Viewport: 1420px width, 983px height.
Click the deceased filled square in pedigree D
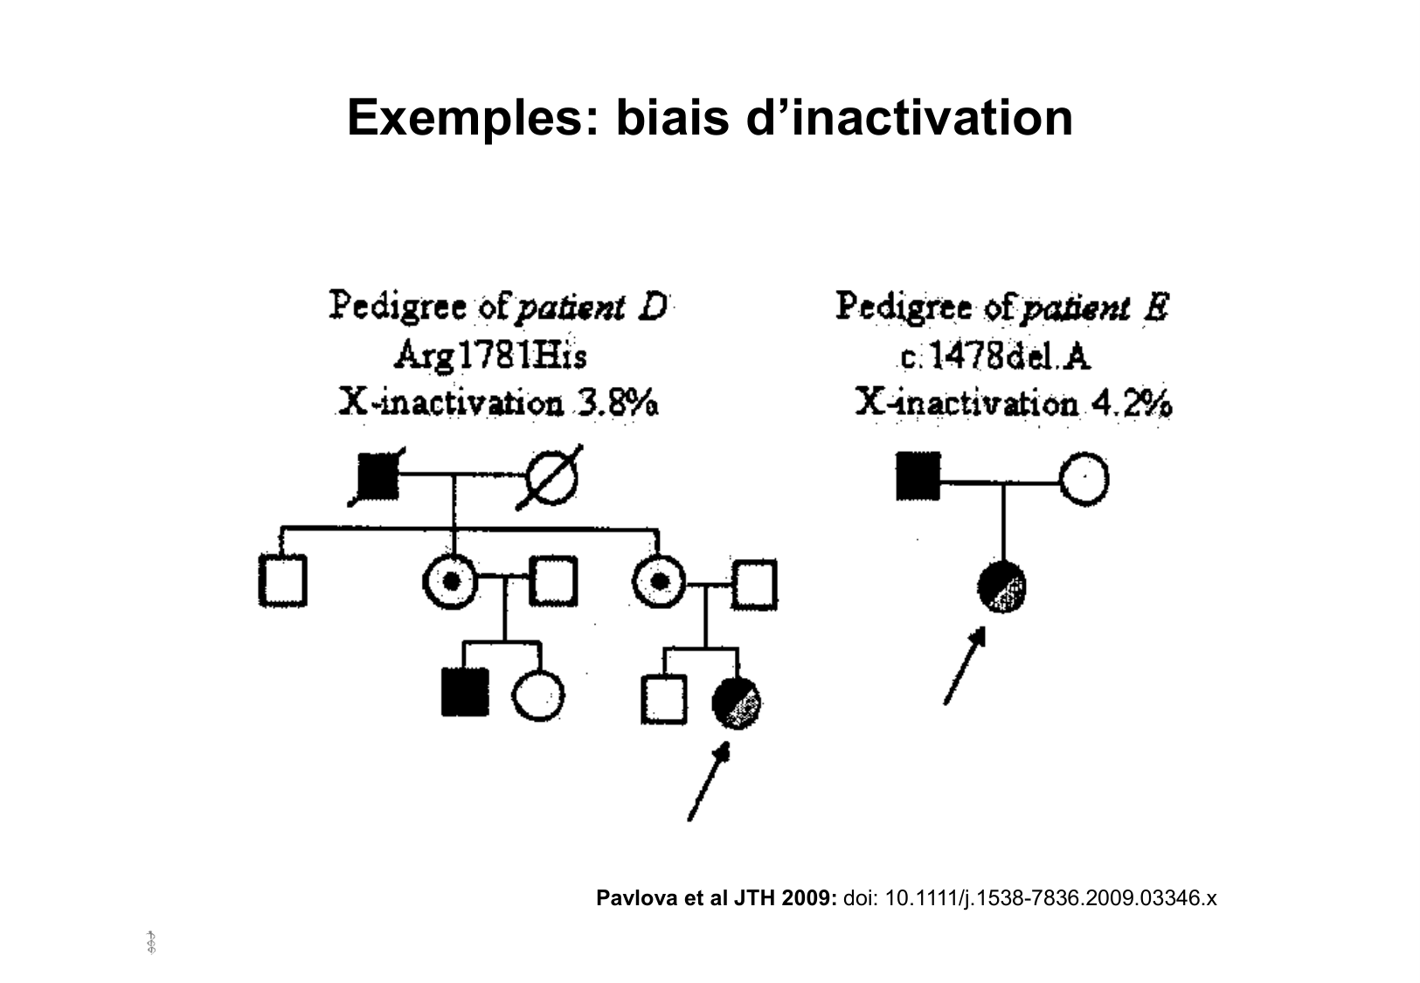[x=379, y=477]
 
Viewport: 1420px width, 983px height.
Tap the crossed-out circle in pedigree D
[x=551, y=479]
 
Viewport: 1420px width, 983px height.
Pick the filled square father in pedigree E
[x=918, y=476]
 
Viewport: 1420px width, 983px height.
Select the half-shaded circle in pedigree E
[x=1001, y=587]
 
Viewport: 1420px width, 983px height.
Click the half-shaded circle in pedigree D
[x=736, y=700]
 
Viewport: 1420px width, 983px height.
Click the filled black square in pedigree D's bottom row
[x=465, y=691]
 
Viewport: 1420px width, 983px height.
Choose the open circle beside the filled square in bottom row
[x=537, y=695]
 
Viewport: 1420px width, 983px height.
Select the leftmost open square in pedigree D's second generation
[x=282, y=580]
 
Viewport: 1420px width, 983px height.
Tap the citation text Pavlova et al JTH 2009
[x=717, y=898]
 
